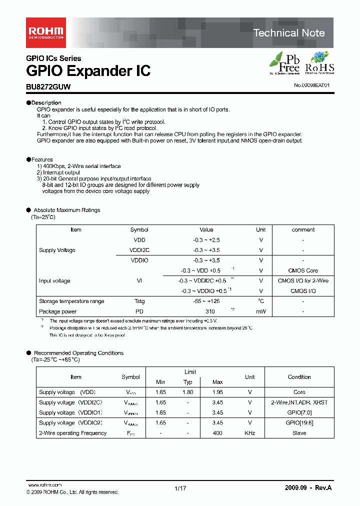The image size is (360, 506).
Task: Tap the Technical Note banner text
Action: point(288,33)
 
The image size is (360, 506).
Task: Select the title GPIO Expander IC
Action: point(88,70)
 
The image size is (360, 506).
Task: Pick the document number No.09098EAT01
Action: point(311,85)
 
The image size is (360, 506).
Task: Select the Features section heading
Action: point(42,159)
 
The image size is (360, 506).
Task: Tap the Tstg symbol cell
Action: point(139,301)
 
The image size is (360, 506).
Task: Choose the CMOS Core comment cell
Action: point(303,270)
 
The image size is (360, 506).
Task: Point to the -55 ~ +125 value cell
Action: point(206,301)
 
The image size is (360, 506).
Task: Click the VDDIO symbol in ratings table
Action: point(139,260)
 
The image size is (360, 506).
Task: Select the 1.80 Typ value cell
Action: point(187,392)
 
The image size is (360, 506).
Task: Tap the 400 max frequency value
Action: point(217,433)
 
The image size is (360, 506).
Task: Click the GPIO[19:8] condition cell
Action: point(299,422)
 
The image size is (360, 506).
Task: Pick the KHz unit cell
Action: point(250,433)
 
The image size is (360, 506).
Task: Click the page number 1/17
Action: point(180,488)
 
